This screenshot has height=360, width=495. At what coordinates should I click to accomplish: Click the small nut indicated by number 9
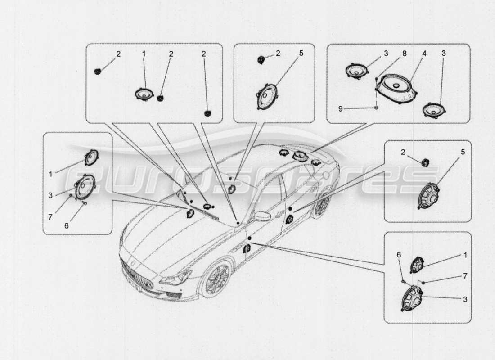(x=376, y=108)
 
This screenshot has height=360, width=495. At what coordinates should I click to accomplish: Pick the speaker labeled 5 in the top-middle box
(x=268, y=96)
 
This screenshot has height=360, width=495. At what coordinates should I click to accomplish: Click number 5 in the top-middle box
(x=301, y=53)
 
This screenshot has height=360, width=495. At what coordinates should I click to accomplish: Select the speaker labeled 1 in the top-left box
(x=144, y=94)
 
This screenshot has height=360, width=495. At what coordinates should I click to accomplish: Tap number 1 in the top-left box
(x=144, y=53)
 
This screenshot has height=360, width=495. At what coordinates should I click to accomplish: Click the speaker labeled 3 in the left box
(x=84, y=187)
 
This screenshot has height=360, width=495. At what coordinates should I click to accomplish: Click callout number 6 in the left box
(x=67, y=225)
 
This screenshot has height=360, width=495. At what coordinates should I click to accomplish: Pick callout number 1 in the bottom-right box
(x=465, y=255)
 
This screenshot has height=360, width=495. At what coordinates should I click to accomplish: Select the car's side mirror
(x=261, y=217)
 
